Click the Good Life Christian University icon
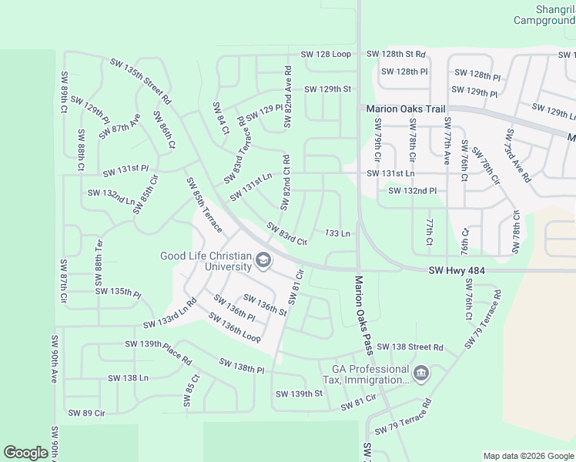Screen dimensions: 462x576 pyautogui.click(x=263, y=261)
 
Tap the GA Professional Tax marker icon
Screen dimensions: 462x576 pyautogui.click(x=420, y=374)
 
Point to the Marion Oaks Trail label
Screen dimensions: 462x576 pyautogui.click(x=406, y=109)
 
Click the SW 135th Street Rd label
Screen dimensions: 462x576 pyautogui.click(x=140, y=81)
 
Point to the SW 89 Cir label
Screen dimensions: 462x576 pyautogui.click(x=86, y=413)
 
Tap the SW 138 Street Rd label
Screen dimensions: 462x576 pyautogui.click(x=410, y=347)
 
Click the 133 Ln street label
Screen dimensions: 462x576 pyautogui.click(x=337, y=233)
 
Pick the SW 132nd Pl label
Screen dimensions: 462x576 pyautogui.click(x=412, y=190)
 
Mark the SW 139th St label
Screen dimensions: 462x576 pyautogui.click(x=298, y=393)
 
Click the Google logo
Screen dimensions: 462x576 pyautogui.click(x=26, y=453)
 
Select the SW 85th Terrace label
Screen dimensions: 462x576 pyautogui.click(x=204, y=205)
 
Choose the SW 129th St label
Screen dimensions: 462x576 pyautogui.click(x=327, y=89)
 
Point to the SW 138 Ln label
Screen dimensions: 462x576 pyautogui.click(x=128, y=378)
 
